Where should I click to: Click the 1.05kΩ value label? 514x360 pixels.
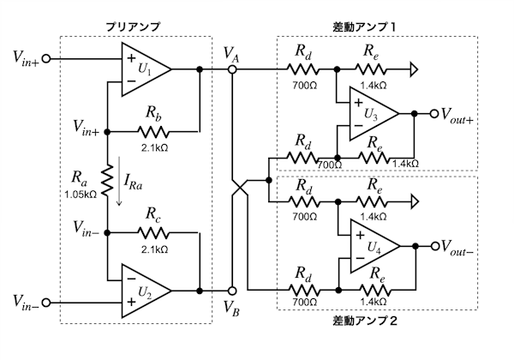coord(81,195)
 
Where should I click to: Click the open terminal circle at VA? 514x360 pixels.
coord(232,69)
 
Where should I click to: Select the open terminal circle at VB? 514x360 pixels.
coord(232,291)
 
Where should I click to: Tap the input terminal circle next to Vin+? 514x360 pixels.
coord(47,58)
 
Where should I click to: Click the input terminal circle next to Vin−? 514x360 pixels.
coord(47,302)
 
